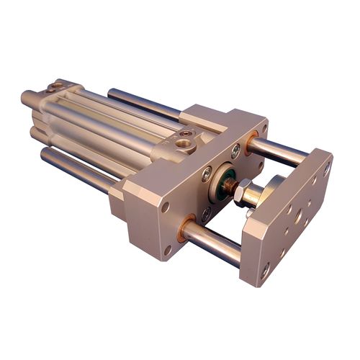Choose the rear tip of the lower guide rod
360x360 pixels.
[x=45, y=153]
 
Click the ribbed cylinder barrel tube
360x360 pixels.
[x=108, y=122]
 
